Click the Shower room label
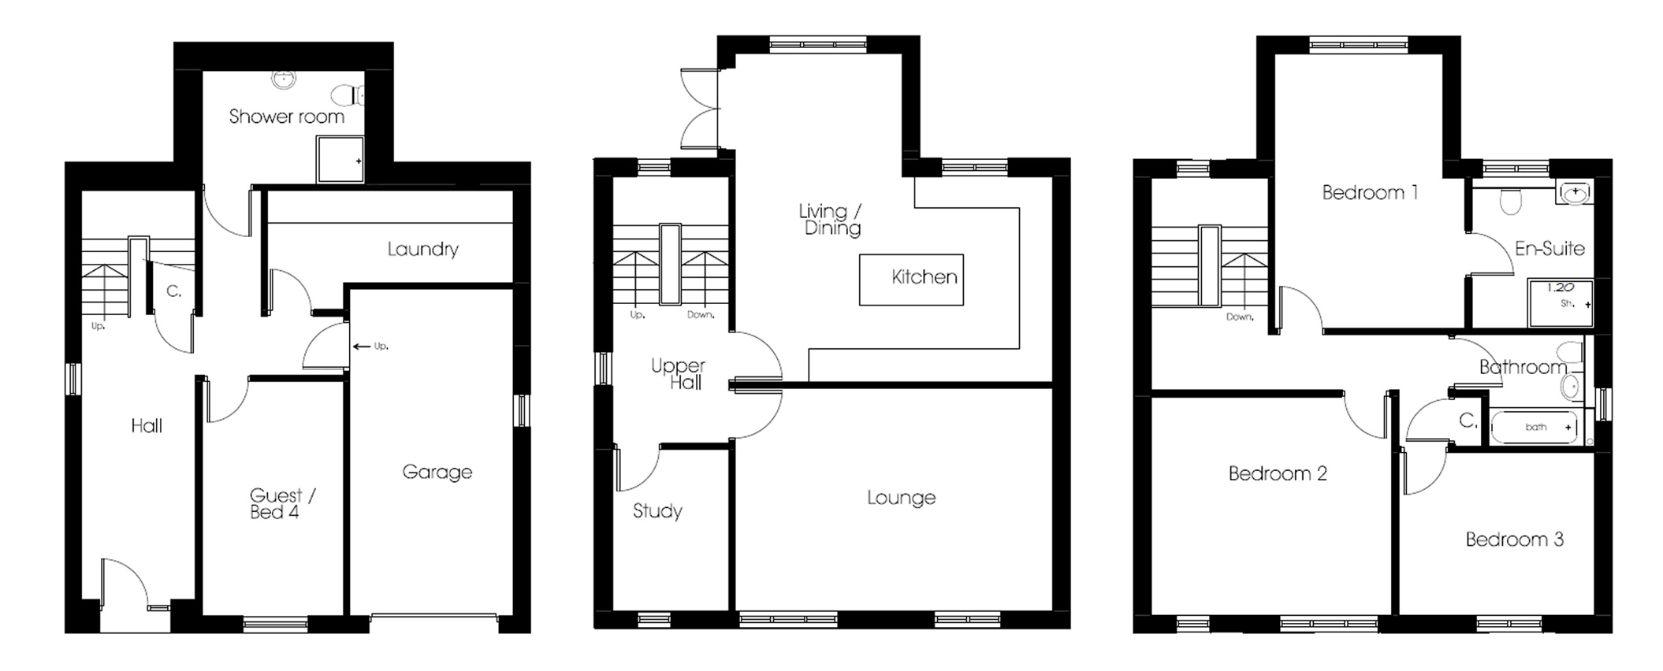(286, 117)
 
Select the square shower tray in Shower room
(340, 160)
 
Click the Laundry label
(422, 250)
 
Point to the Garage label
(437, 472)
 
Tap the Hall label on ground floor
(147, 426)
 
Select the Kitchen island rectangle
(911, 279)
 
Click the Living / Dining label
(831, 220)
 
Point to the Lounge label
(901, 498)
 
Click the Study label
(657, 511)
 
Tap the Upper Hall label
(678, 374)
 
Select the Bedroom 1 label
(1370, 192)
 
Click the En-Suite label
(1550, 249)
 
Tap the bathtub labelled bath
(1534, 428)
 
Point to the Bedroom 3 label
(1514, 539)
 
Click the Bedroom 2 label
(1278, 473)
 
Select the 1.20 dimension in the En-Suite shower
(1560, 287)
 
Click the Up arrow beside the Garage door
(363, 346)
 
